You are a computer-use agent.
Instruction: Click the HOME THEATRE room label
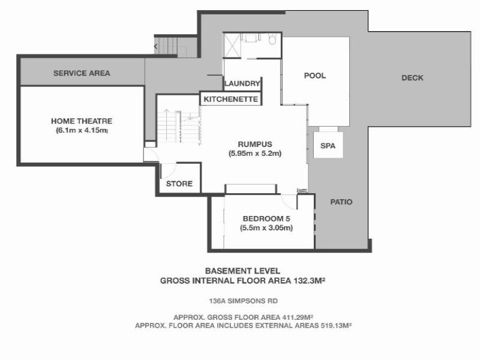point(82,121)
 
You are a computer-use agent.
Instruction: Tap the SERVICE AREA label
point(82,73)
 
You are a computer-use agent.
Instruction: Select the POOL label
point(314,76)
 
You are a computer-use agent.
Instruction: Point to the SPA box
point(327,146)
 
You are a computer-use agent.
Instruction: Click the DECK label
point(412,78)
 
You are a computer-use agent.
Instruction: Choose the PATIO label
point(341,202)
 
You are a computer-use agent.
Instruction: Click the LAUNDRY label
point(242,84)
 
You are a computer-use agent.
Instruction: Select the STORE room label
point(179,184)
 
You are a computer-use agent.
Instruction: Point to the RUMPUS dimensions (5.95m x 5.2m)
point(255,154)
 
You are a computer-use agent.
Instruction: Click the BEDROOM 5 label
point(267,218)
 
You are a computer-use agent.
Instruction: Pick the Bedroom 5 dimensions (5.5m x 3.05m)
point(267,228)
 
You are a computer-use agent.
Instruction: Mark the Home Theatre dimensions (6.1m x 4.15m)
point(82,130)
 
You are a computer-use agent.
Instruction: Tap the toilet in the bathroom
point(272,40)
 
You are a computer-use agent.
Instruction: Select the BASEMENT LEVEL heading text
point(242,271)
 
